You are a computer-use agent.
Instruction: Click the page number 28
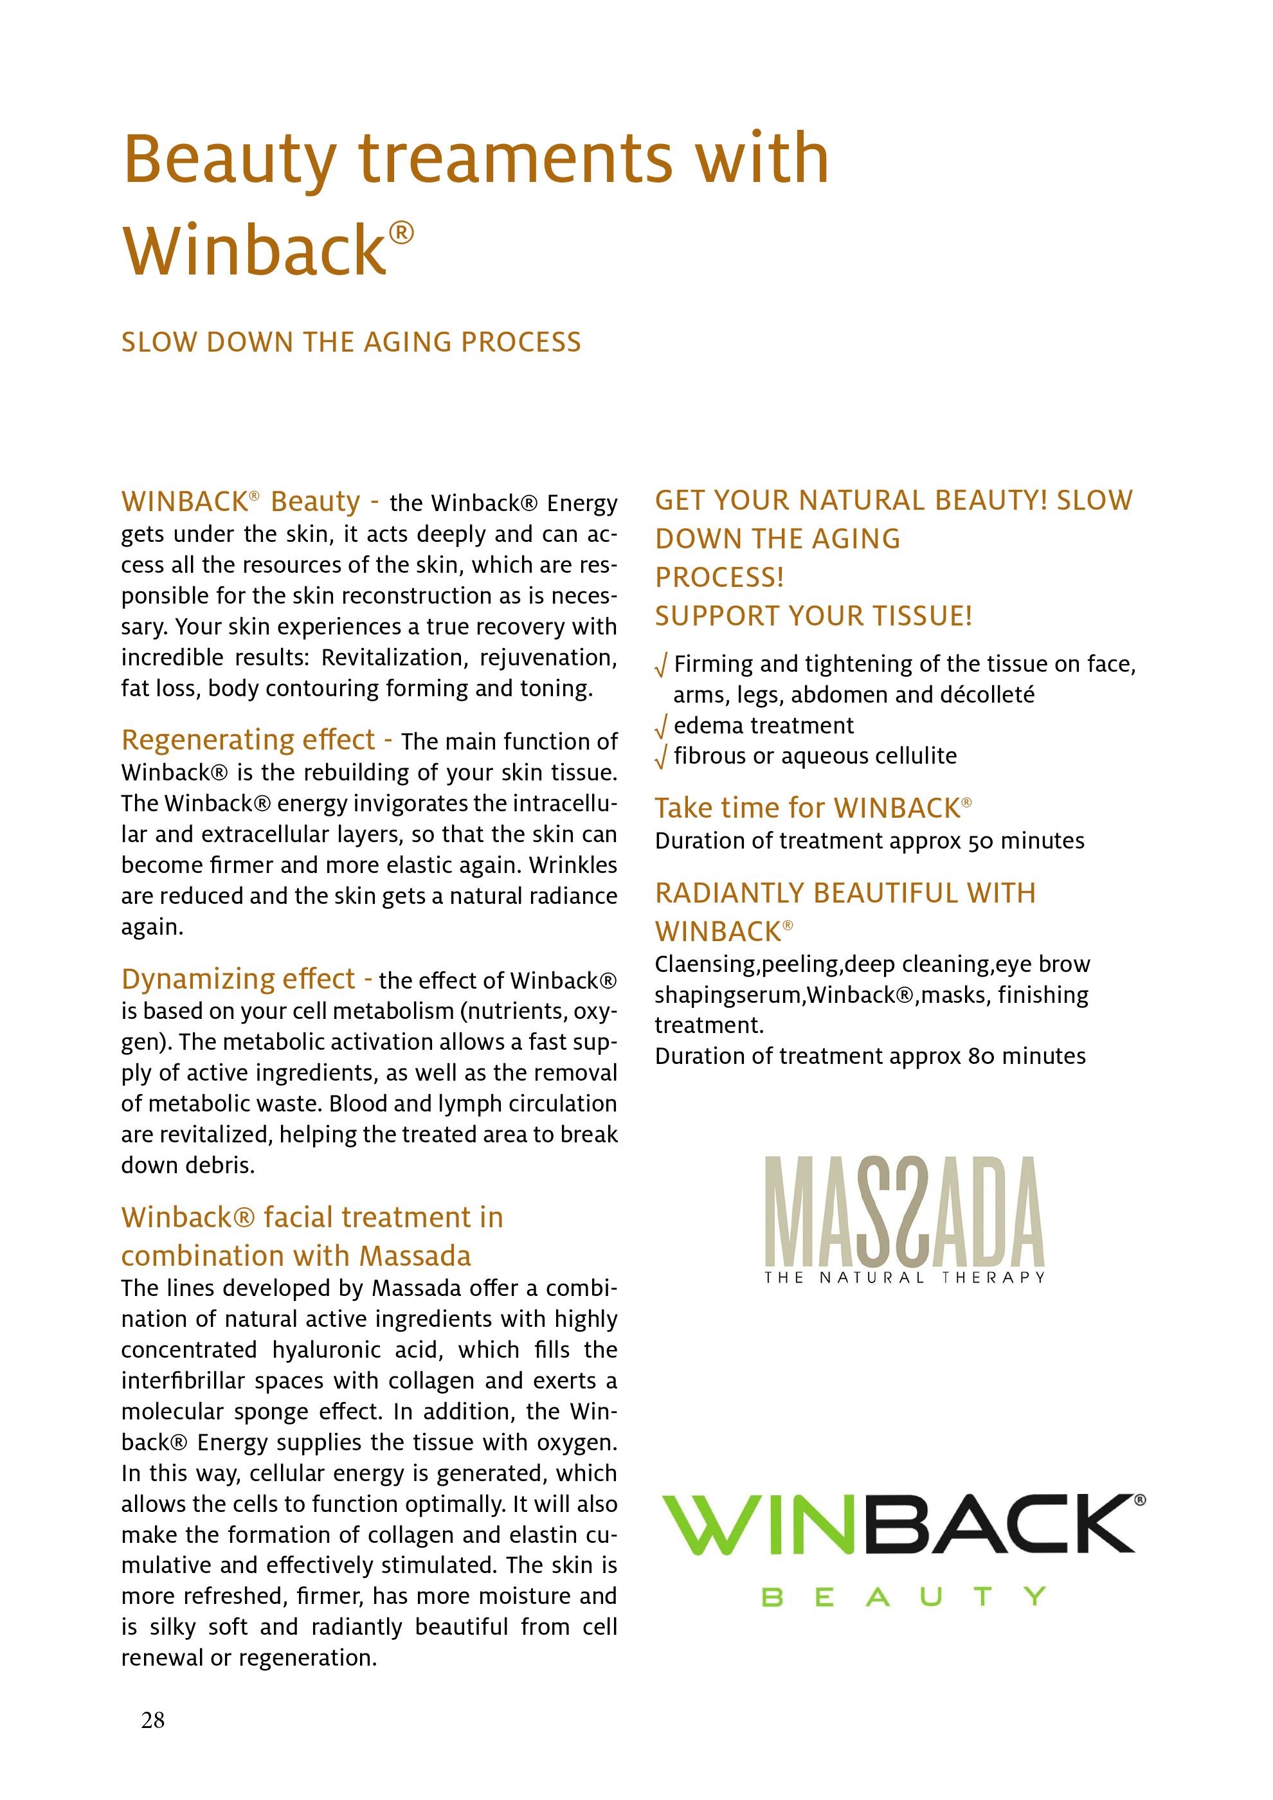tap(153, 1719)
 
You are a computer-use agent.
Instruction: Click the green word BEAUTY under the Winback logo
tap(904, 1597)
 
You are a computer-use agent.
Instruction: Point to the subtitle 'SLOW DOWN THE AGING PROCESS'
tap(351, 343)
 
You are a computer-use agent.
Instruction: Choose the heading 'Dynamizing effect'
tap(239, 978)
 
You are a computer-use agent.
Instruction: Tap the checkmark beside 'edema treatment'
tap(661, 726)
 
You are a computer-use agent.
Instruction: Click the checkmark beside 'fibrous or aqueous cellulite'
tap(661, 757)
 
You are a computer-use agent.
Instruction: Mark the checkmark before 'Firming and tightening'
tap(661, 665)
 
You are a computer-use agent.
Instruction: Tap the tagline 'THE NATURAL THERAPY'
tap(905, 1278)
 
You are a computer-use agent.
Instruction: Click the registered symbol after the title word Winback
tap(401, 233)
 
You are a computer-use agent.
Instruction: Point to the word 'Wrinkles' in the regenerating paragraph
tap(573, 865)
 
